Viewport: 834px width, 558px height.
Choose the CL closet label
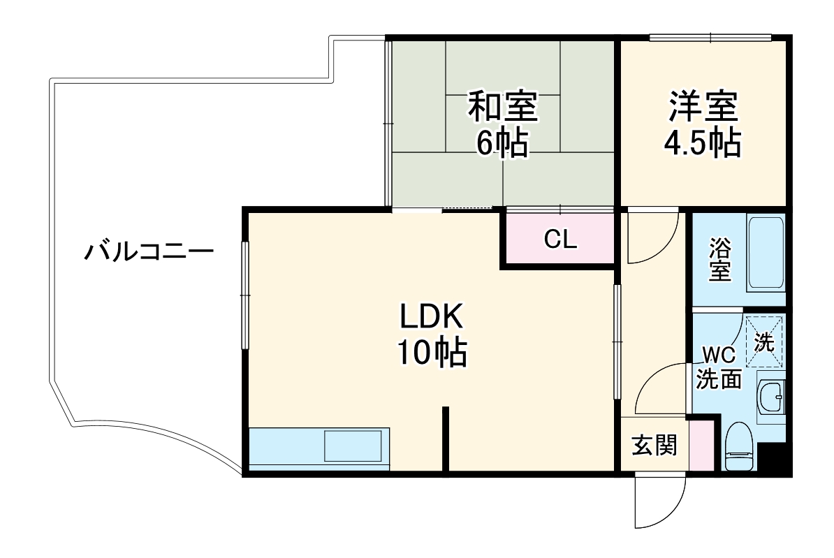coord(560,240)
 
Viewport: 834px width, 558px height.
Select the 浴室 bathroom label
coord(720,260)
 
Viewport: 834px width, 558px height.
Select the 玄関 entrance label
coord(654,446)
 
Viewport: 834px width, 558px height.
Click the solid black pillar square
coord(773,459)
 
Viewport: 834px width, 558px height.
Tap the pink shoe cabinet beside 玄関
coord(702,446)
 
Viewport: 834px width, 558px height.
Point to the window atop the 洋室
coord(710,37)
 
